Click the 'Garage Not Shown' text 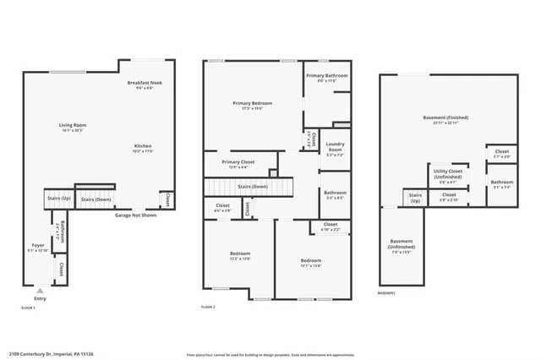click(135, 215)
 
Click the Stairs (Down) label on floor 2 click(252, 186)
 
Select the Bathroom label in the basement click(502, 183)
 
